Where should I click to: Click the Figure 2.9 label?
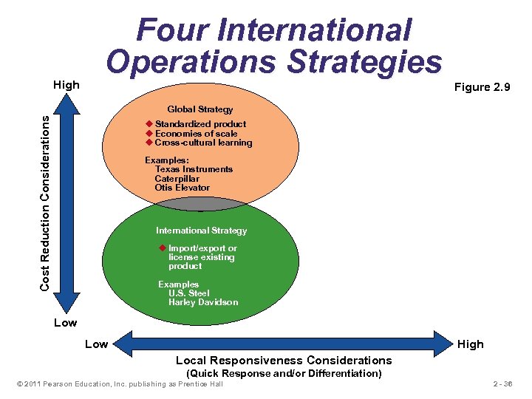coord(482,87)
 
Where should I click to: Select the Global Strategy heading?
coord(199,109)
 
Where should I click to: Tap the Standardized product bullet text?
coord(200,123)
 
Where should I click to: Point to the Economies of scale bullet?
coord(196,133)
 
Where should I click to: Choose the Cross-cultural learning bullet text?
coord(203,143)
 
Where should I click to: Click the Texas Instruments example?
coord(194,169)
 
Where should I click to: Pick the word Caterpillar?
coord(177,179)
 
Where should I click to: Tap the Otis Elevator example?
coord(182,188)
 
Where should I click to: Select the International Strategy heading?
coord(201,231)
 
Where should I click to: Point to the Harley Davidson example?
coord(203,302)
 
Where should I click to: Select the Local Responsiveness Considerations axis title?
coord(284,361)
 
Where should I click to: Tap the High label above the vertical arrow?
coord(66,85)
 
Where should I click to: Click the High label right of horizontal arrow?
coord(470,344)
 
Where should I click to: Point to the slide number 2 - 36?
coord(502,385)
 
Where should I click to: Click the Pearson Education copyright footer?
coord(119,385)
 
